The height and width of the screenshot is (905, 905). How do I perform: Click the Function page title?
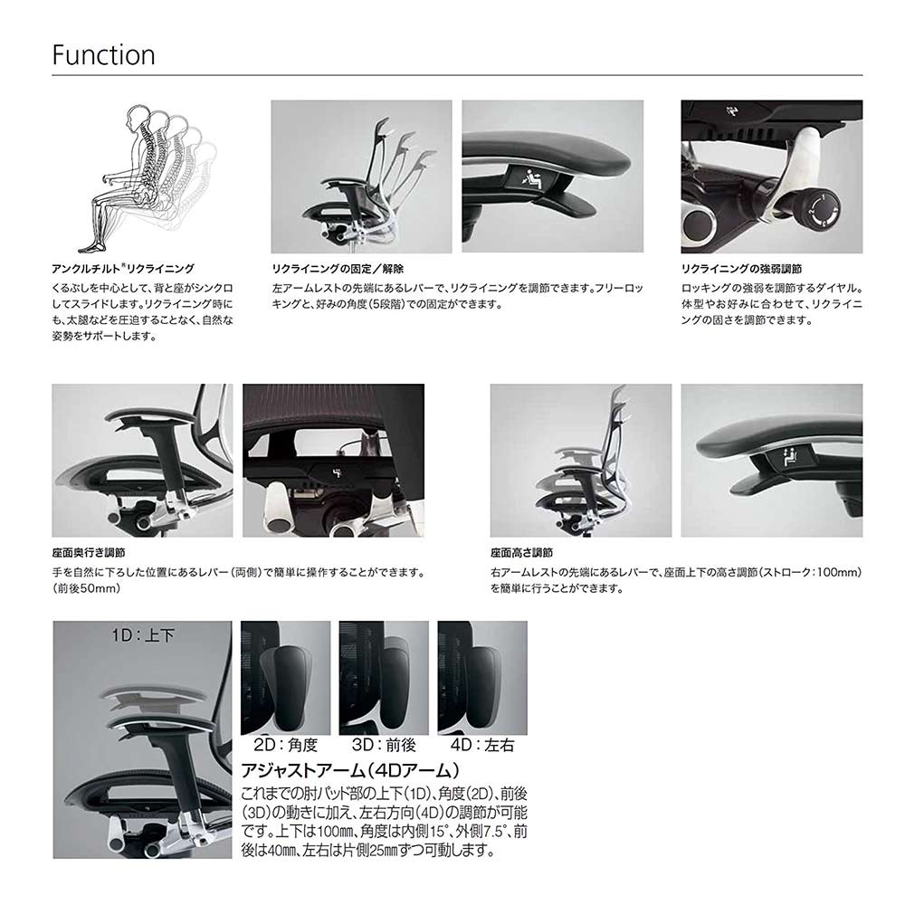click(x=103, y=54)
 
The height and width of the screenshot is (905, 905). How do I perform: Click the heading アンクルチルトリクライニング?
click(x=123, y=269)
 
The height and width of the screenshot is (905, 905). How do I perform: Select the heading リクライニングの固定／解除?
click(x=338, y=269)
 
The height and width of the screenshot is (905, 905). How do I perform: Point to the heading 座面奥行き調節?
click(x=89, y=552)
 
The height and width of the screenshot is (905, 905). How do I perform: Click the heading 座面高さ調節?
click(x=521, y=552)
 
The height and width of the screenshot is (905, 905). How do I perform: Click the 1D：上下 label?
click(x=143, y=635)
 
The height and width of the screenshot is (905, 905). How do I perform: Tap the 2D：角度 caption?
click(x=285, y=746)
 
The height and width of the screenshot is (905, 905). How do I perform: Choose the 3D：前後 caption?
click(x=383, y=746)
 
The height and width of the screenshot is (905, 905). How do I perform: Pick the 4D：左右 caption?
click(x=481, y=746)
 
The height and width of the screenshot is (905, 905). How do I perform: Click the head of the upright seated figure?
click(x=137, y=119)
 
